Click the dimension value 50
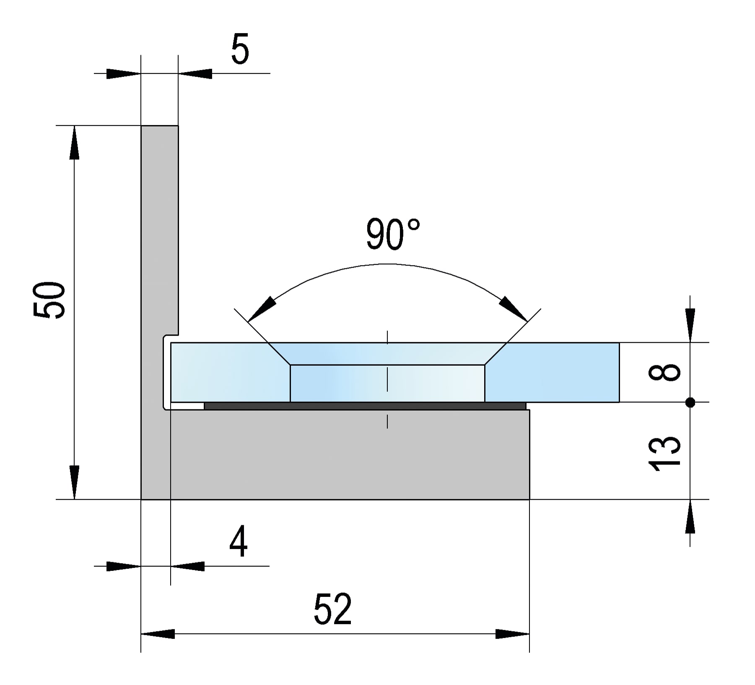click(x=49, y=300)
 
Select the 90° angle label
click(x=392, y=235)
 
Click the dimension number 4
click(x=239, y=542)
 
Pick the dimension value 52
click(x=333, y=609)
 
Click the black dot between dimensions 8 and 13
click(x=690, y=403)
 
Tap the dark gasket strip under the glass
click(x=365, y=406)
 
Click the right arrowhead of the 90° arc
click(x=514, y=308)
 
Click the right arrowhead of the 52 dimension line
click(x=512, y=634)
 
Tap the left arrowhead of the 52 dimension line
click(x=158, y=634)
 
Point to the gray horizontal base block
click(x=350, y=455)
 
